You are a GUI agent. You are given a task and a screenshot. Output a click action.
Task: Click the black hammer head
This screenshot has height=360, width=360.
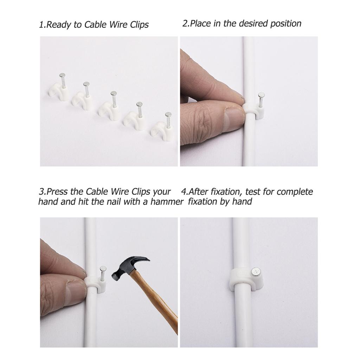[129, 268]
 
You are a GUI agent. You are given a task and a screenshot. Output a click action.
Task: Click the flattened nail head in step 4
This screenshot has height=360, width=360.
[255, 271]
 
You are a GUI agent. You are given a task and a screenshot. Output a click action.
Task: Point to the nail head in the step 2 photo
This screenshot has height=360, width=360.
[261, 95]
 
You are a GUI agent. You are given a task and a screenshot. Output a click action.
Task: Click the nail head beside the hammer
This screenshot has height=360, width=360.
[103, 268]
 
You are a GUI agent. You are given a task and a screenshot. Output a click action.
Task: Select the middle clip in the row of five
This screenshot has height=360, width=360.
[109, 106]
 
